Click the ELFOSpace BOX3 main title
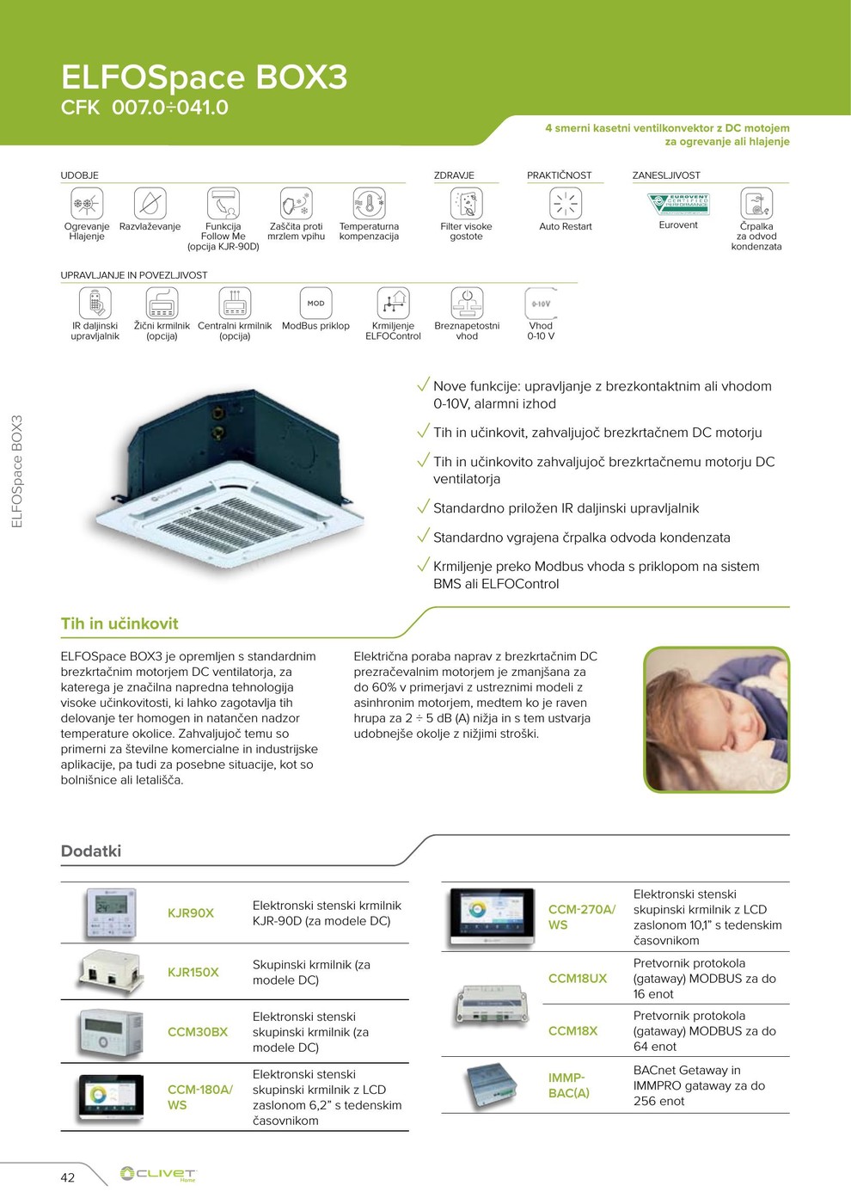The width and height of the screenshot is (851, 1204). [x=204, y=77]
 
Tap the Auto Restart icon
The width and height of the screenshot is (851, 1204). [x=566, y=204]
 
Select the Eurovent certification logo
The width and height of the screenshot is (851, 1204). [x=678, y=204]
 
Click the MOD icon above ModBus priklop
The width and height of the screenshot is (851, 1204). [x=315, y=303]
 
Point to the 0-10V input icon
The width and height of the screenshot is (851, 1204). [x=541, y=304]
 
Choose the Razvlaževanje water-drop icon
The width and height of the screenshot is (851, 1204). [x=150, y=204]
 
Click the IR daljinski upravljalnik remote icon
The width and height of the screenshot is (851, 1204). [x=95, y=304]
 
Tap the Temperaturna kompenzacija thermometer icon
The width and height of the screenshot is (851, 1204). [x=369, y=204]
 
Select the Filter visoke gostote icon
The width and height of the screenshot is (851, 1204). [x=467, y=204]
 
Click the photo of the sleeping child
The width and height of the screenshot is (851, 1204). [x=716, y=719]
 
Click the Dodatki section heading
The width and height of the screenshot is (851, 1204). [x=91, y=851]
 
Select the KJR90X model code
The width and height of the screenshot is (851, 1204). [x=191, y=913]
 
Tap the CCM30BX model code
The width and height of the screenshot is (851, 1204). [x=198, y=1032]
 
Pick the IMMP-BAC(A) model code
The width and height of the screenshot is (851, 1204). [x=569, y=1085]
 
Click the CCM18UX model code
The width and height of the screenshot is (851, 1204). [x=578, y=979]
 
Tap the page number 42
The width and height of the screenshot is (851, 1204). [x=68, y=1177]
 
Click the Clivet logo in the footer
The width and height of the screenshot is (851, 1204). [x=158, y=1174]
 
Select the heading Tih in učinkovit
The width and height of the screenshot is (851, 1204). [x=119, y=623]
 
